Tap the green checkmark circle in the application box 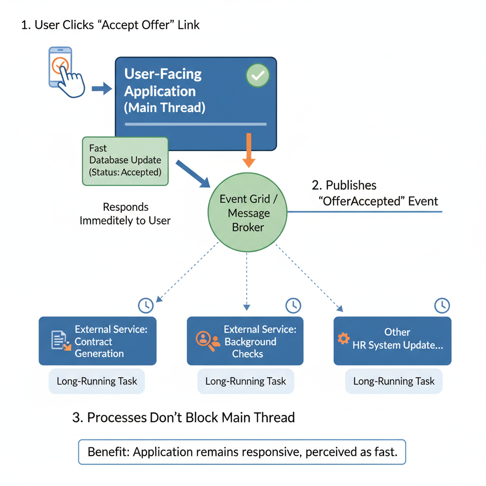tap(258, 75)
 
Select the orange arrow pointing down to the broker tap(248, 150)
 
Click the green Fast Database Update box tap(125, 161)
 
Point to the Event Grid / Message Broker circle tap(248, 213)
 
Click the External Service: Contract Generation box tap(97, 341)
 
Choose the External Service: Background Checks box tap(245, 341)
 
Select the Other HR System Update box tap(392, 341)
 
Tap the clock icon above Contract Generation tap(146, 305)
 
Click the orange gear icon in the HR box tap(343, 338)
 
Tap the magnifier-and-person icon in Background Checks tap(207, 340)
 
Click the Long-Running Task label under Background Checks tap(245, 381)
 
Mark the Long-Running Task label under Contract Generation tap(97, 381)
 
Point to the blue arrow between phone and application tap(101, 88)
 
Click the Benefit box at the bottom tap(242, 452)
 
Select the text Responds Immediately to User tap(125, 214)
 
